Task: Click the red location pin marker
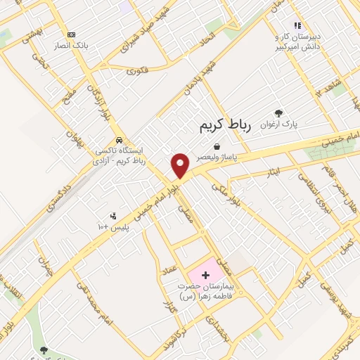(x=181, y=165)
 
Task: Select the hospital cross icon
(x=205, y=274)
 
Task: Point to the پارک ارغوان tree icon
(x=278, y=112)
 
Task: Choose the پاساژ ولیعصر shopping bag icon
(x=216, y=147)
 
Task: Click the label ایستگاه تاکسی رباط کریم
(x=123, y=155)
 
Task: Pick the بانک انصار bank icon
(x=70, y=34)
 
